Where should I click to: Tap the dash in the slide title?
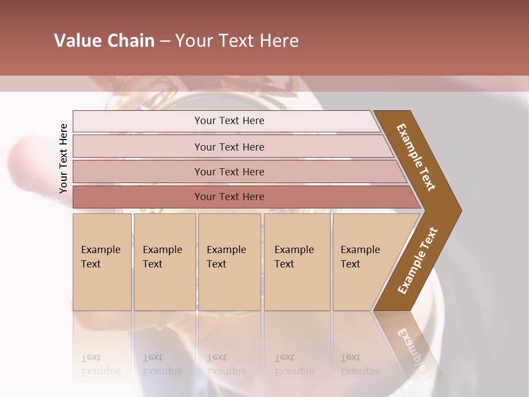tap(165, 41)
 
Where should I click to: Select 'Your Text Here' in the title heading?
tap(237, 41)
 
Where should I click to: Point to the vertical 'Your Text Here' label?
tap(63, 158)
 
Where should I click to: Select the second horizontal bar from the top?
tap(229, 147)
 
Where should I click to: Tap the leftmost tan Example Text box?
tap(102, 261)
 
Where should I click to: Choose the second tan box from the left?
tap(164, 261)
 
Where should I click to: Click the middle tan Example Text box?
tap(229, 261)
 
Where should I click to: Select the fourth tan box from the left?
tap(297, 261)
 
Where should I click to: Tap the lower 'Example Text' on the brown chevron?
tap(417, 260)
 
